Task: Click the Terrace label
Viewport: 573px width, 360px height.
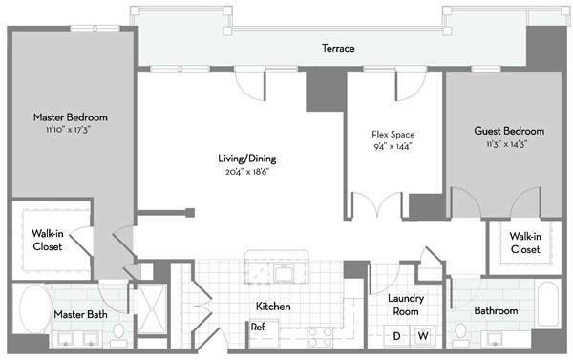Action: click(x=338, y=49)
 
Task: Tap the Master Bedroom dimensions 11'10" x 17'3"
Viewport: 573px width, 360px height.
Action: click(x=69, y=130)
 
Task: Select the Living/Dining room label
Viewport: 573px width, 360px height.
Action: click(x=247, y=159)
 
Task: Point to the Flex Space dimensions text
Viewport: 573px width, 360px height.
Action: click(x=393, y=147)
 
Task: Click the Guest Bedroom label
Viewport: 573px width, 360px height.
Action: click(x=509, y=131)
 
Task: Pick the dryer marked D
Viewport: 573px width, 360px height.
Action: click(x=396, y=336)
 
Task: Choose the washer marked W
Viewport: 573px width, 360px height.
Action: click(x=423, y=336)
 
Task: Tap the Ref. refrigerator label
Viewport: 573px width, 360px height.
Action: click(x=259, y=328)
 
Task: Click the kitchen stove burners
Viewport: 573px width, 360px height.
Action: click(x=320, y=337)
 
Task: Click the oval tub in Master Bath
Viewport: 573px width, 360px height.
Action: click(x=36, y=308)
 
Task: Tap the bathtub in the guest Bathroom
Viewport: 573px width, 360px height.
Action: click(x=548, y=305)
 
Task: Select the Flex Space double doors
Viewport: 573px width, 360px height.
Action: click(x=377, y=205)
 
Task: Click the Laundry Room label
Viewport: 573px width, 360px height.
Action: click(x=406, y=305)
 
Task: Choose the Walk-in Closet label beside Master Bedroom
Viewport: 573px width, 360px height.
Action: click(x=48, y=240)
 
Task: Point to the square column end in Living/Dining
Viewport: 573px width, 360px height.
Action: click(x=190, y=213)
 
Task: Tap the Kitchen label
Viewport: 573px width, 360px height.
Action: click(x=273, y=307)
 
